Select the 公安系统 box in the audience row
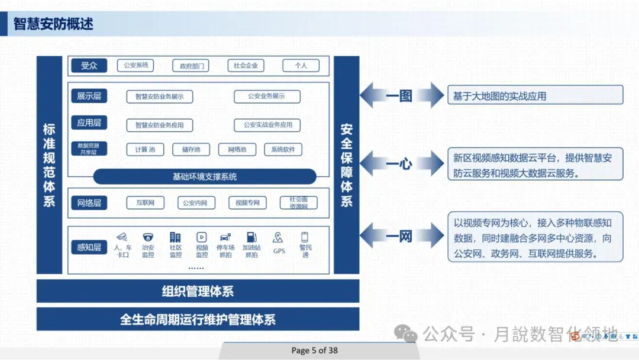coord(135,65)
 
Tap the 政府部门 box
coord(191,66)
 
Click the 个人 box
coord(301,66)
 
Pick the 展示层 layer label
coord(89,96)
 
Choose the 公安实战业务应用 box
coord(267,125)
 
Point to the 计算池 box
coord(145,149)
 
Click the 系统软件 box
coord(283,149)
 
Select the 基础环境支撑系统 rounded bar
coord(205,176)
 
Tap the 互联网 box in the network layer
coord(145,202)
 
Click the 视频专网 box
coord(247,202)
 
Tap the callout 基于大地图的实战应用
coord(535,95)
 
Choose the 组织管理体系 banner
coord(198,291)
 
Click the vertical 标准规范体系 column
coord(49,165)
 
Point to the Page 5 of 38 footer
coord(314,350)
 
